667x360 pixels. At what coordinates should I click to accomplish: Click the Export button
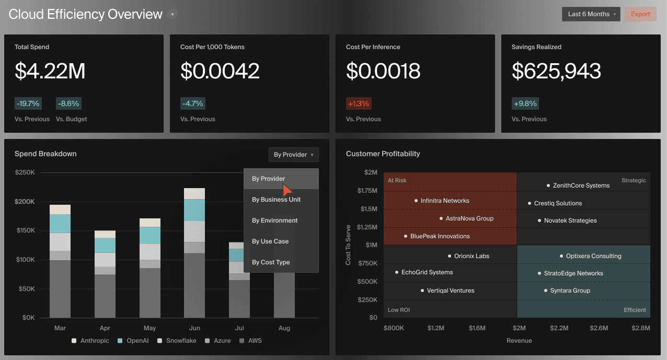click(640, 14)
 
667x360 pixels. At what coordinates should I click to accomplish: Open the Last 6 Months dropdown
click(591, 14)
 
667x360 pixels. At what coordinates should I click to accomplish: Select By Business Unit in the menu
click(276, 200)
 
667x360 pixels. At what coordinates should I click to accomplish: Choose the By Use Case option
click(270, 241)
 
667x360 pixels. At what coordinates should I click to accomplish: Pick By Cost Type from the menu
click(271, 262)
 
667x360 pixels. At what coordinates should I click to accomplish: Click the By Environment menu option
click(274, 220)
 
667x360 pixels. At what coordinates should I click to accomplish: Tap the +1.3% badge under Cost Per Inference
click(359, 103)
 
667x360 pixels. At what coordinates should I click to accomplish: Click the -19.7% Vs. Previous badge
click(27, 103)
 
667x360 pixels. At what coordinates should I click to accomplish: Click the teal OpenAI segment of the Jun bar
click(194, 210)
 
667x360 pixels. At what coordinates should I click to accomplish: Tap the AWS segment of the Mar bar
click(60, 289)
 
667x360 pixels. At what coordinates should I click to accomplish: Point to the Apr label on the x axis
click(105, 328)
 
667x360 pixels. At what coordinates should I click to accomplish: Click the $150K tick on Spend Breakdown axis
click(25, 230)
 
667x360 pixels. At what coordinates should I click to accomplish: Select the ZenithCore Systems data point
click(548, 185)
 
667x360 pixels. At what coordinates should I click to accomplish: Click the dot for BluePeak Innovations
click(406, 236)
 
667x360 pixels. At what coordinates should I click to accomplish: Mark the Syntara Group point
click(546, 291)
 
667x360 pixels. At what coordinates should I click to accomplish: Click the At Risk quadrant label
click(397, 180)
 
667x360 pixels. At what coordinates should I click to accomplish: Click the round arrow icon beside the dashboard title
click(172, 14)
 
